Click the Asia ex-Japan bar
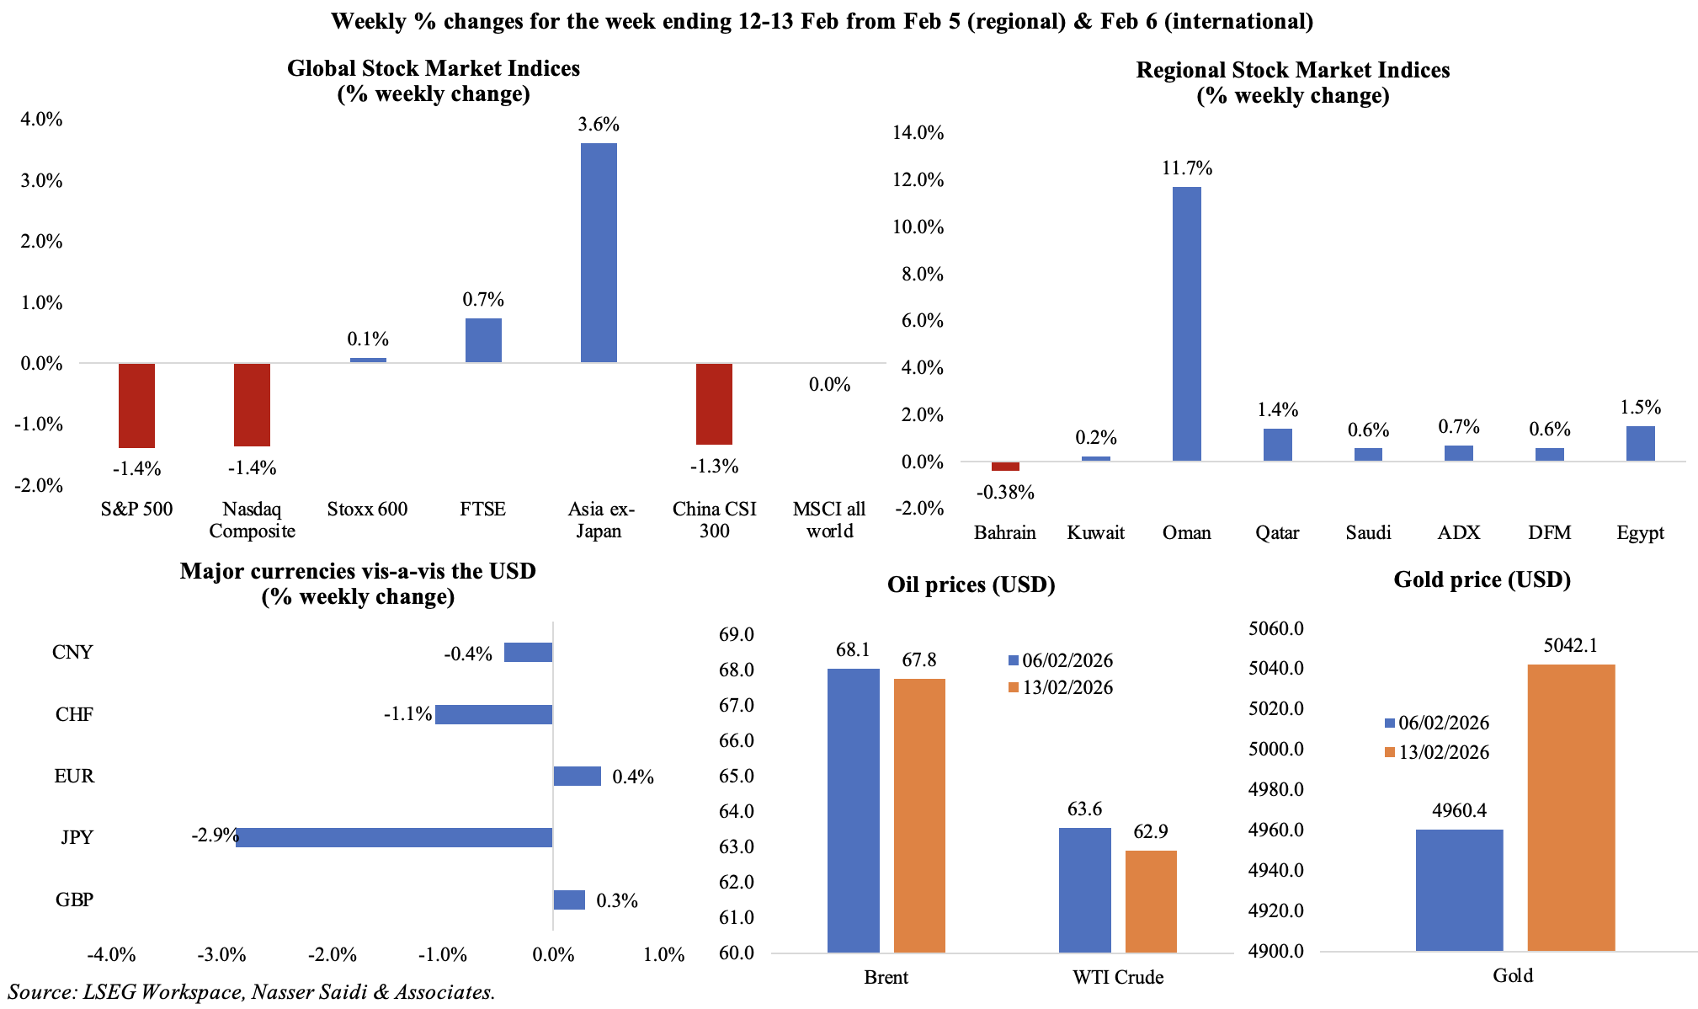tap(599, 253)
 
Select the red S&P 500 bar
tap(136, 405)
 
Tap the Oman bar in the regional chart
tap(1186, 323)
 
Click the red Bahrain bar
tap(1005, 466)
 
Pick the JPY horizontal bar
tap(394, 837)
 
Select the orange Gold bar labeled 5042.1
tap(1571, 808)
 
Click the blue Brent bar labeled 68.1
tap(853, 810)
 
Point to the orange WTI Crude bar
tap(1151, 901)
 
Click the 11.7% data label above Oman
tap(1187, 168)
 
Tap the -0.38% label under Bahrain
tap(1005, 493)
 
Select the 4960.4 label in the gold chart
tap(1459, 811)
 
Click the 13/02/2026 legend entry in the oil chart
tap(1060, 688)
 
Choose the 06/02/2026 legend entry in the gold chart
tap(1436, 723)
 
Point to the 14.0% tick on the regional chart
tap(918, 132)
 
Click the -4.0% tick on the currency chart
tap(111, 955)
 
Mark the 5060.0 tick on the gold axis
tap(1276, 628)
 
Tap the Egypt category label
tap(1640, 532)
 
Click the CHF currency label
tap(74, 715)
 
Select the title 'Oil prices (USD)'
tap(971, 585)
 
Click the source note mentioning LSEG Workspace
tap(252, 992)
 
